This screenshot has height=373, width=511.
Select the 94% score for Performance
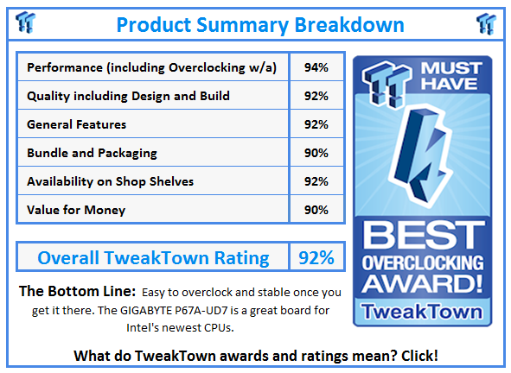(x=316, y=67)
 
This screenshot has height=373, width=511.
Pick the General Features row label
(x=77, y=124)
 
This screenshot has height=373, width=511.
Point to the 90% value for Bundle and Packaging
(x=316, y=153)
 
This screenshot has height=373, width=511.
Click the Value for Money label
(x=76, y=209)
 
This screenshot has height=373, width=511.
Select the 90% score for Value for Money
(x=316, y=209)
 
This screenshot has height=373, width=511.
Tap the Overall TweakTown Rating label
(x=153, y=257)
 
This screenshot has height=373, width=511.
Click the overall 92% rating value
(x=316, y=257)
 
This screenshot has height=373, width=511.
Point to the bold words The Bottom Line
(x=74, y=292)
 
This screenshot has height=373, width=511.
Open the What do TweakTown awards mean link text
(x=256, y=355)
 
